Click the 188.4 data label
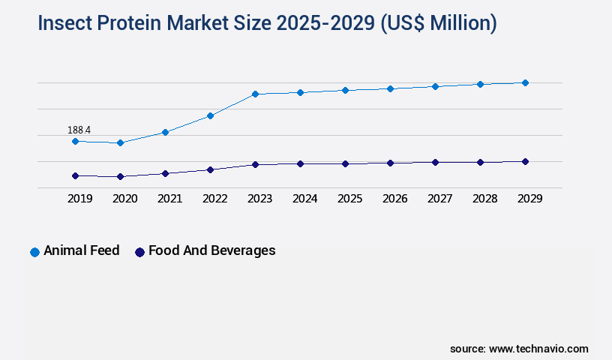[79, 130]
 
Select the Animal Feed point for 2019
[75, 141]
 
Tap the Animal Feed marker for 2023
[255, 94]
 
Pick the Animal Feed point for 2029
[525, 82]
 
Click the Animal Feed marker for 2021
[165, 132]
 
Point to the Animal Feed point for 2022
[210, 115]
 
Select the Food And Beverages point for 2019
[75, 175]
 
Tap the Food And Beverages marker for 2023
[255, 164]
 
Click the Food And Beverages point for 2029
[525, 161]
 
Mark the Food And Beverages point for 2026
[390, 163]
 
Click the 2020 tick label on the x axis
[124, 199]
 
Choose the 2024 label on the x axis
[304, 199]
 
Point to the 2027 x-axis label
[439, 199]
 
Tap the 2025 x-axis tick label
[349, 199]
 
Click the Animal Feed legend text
[81, 250]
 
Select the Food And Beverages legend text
[211, 250]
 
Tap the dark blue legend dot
[139, 252]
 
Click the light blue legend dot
[34, 252]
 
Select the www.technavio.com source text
[538, 349]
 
